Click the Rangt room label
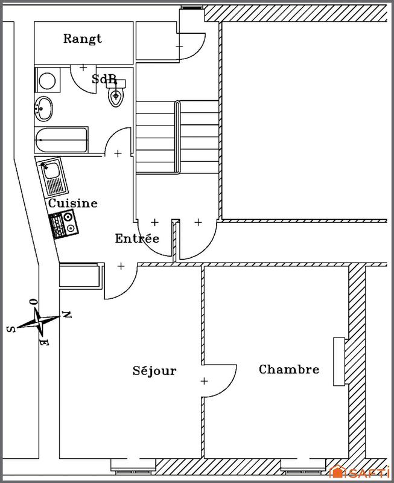point(83,39)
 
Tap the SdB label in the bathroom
point(104,79)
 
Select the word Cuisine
point(72,203)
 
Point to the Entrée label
point(137,238)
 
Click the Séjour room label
point(154,370)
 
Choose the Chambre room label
point(288,369)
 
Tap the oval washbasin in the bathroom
point(44,109)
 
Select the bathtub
point(62,141)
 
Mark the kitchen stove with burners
point(64,225)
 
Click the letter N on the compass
point(68,315)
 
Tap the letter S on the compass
point(10,329)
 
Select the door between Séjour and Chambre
point(218,381)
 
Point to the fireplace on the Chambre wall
point(338,362)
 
